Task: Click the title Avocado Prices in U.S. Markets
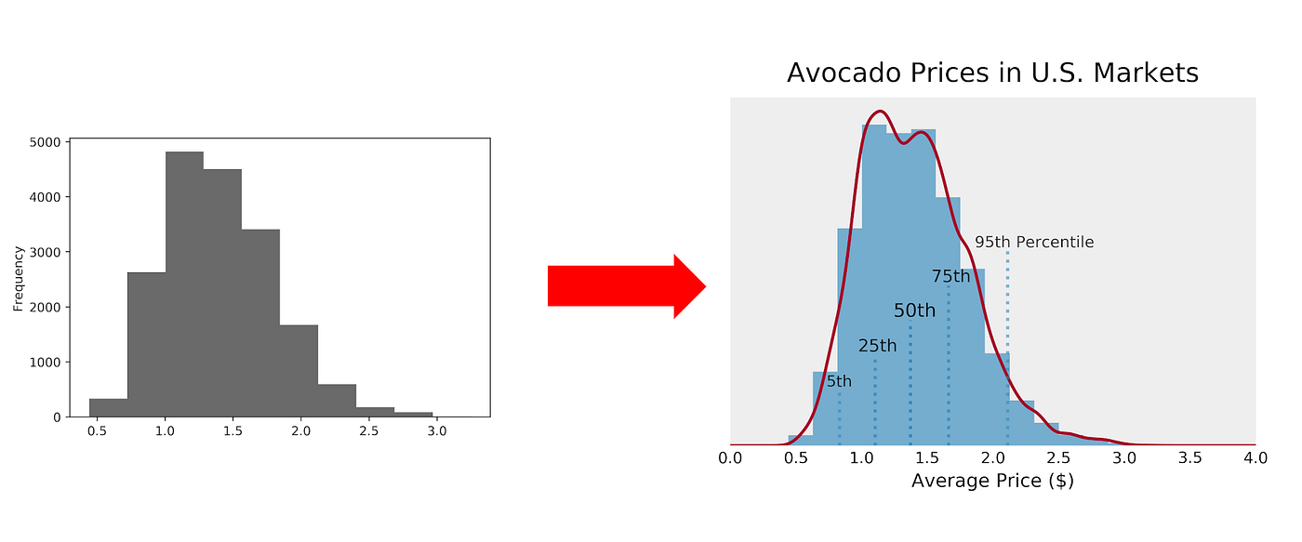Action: point(992,73)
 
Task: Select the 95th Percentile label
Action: point(1033,242)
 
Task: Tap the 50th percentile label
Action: point(914,311)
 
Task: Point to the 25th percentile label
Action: point(877,346)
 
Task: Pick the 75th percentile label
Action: point(950,276)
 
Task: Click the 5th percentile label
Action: point(839,381)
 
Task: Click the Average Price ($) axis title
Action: point(992,482)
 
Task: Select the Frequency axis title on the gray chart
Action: point(18,278)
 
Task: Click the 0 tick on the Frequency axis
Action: point(57,417)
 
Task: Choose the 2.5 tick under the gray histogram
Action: point(368,432)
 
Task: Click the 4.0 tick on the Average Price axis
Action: point(1255,457)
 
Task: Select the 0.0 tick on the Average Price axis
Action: point(730,457)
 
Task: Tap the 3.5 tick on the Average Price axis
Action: point(1189,457)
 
